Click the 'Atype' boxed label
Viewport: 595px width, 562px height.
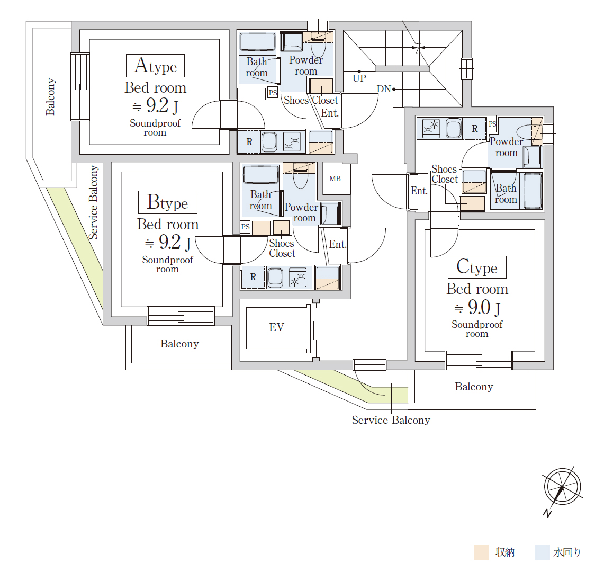(155, 66)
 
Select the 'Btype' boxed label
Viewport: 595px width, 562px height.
(168, 202)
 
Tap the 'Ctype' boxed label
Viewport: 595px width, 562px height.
(477, 267)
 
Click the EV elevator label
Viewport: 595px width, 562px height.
(276, 327)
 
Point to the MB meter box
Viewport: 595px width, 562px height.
(335, 179)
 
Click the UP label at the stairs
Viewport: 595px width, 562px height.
(359, 78)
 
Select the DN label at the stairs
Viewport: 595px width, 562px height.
(384, 89)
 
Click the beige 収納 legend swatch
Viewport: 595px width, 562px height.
(481, 552)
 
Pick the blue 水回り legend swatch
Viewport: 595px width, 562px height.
(542, 552)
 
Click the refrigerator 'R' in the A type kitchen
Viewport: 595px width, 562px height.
(249, 142)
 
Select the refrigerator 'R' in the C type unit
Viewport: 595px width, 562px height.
(475, 129)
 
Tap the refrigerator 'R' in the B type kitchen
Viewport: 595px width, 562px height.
(253, 277)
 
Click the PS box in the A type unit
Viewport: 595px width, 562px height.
(273, 93)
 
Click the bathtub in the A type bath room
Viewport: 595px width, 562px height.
(258, 42)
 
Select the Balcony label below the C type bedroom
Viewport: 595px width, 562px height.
(474, 387)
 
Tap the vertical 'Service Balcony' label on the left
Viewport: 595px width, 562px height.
(93, 202)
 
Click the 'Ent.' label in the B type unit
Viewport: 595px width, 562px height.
(338, 244)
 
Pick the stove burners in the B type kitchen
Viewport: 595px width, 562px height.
(297, 277)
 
